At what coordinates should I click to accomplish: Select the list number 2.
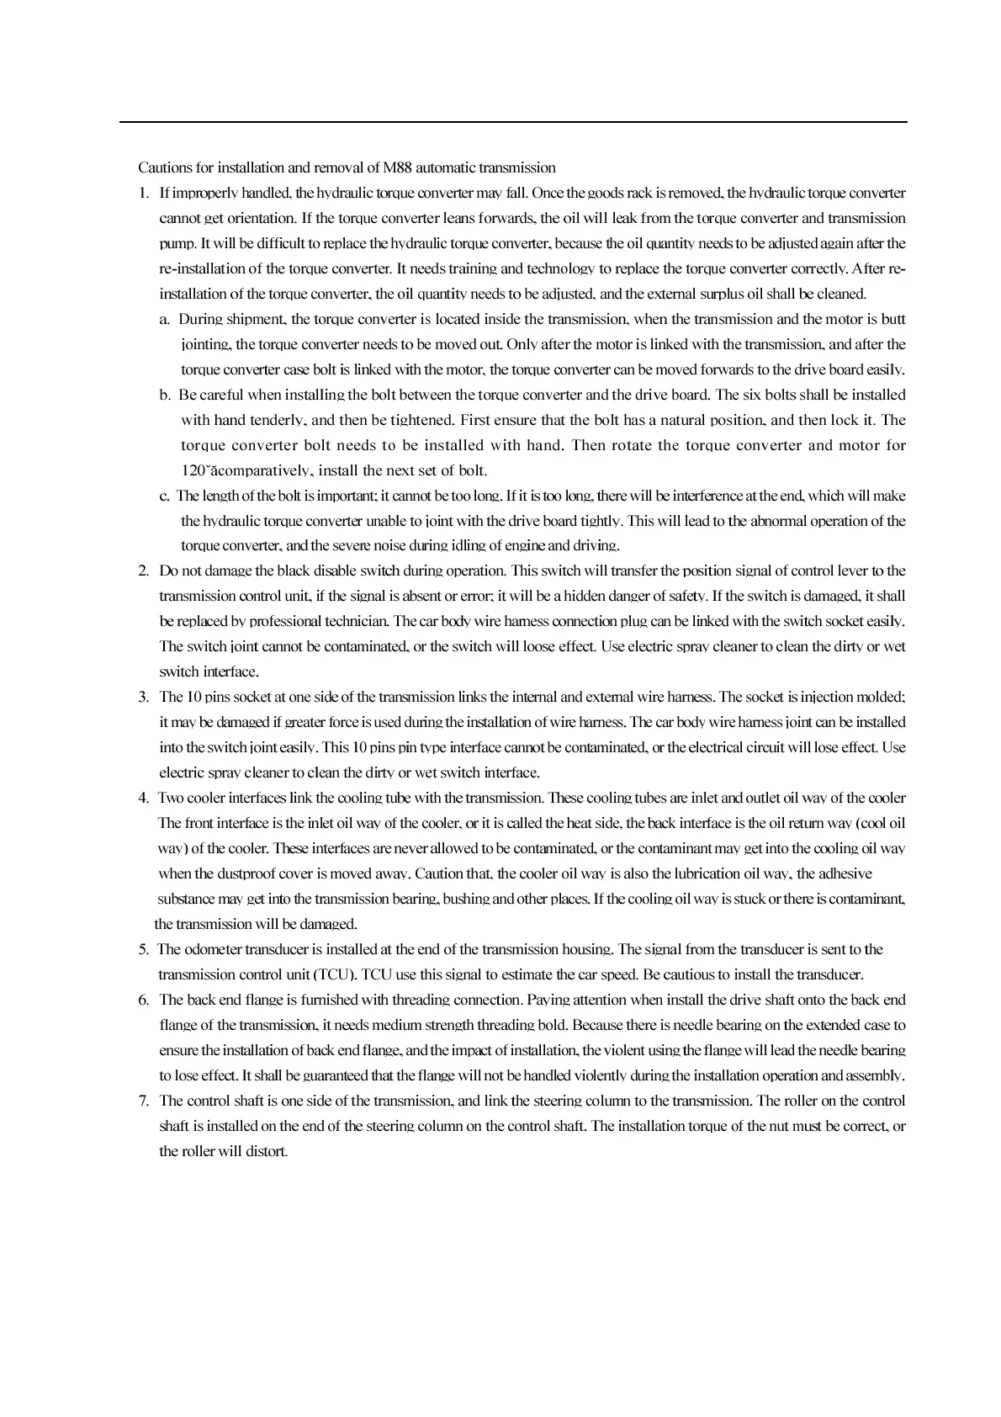click(143, 571)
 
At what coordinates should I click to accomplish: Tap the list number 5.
click(143, 949)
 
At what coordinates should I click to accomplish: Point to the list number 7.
click(143, 1101)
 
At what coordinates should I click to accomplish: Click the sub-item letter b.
click(165, 395)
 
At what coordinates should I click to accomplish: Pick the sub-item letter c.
click(165, 496)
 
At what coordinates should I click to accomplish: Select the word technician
click(358, 621)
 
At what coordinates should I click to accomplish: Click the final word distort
click(267, 1151)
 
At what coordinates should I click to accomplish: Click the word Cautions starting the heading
click(164, 167)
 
